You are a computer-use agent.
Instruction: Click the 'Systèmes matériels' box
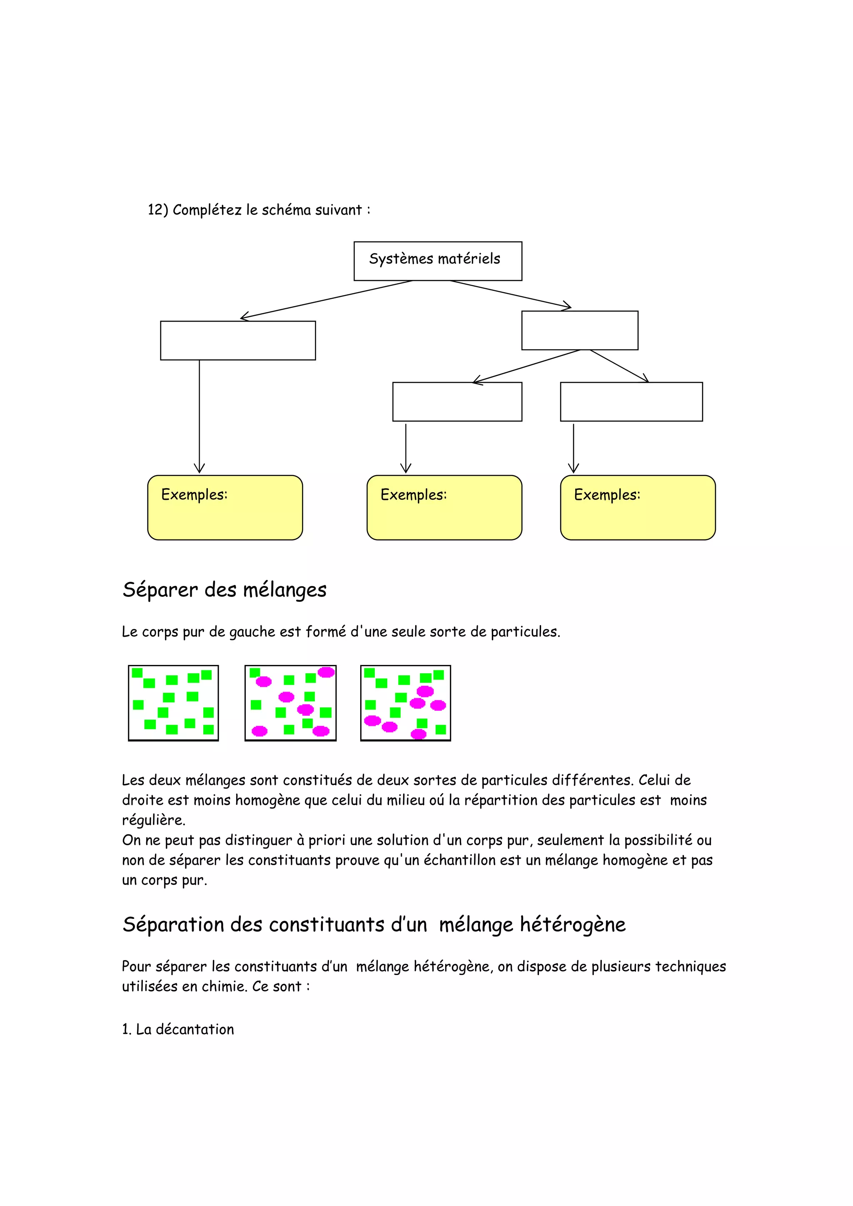click(x=437, y=261)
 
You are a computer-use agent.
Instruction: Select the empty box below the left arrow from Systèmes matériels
click(x=237, y=340)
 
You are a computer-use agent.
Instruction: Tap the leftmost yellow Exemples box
click(x=225, y=507)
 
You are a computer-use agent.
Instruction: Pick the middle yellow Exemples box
click(x=444, y=507)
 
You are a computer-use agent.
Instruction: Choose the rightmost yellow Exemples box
click(x=638, y=507)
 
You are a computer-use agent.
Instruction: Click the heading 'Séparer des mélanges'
click(x=224, y=590)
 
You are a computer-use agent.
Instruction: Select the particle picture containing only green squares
click(x=173, y=703)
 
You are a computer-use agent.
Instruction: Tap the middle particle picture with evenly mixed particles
click(x=290, y=703)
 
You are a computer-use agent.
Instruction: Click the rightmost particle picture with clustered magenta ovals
click(x=405, y=703)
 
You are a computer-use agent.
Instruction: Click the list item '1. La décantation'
click(x=178, y=1029)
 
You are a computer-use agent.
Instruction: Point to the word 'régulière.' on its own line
click(x=153, y=820)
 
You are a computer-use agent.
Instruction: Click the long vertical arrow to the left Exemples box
click(x=199, y=415)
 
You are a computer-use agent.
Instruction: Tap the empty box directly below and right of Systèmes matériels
click(x=579, y=330)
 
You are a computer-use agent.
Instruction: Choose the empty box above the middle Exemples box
click(x=457, y=402)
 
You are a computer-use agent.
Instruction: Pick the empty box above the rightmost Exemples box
click(x=631, y=402)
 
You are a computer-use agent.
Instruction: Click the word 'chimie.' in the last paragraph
click(x=224, y=986)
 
